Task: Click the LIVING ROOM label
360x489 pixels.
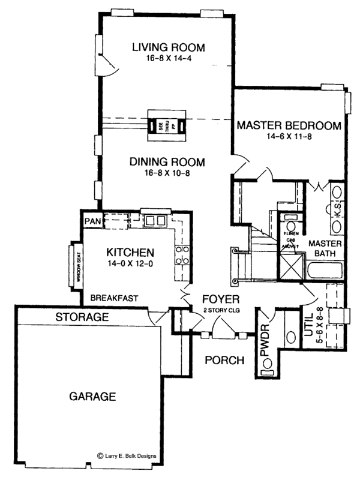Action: coord(169,47)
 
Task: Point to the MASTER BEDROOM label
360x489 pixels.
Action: coord(289,126)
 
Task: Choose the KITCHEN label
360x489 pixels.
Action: coord(130,252)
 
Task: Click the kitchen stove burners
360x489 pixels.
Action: coord(182,255)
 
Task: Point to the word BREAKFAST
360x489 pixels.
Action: coord(115,298)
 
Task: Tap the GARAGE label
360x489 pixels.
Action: coord(92,397)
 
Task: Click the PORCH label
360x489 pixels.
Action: coord(224,361)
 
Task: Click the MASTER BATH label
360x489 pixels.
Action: coord(325,249)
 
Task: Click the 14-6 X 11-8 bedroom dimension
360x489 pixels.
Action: coord(289,137)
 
